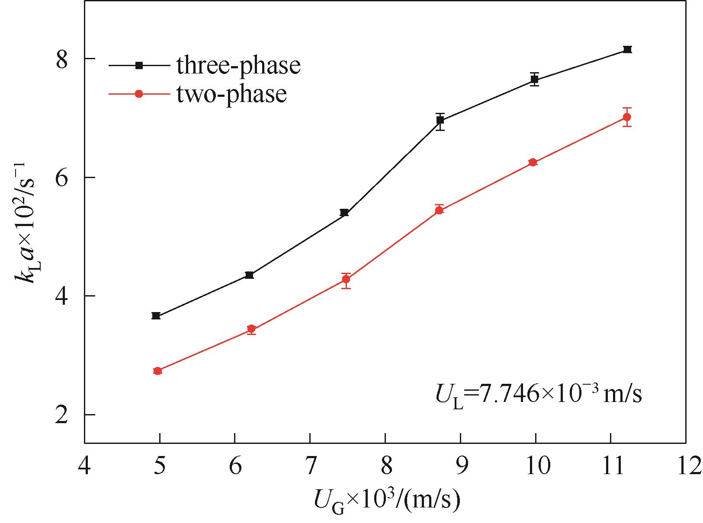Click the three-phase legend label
[238, 66]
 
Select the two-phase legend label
[231, 94]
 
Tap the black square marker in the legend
[139, 65]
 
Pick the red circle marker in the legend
[139, 94]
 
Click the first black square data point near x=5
[156, 316]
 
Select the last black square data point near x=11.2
[628, 49]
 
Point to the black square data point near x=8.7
[440, 120]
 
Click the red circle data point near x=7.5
[346, 279]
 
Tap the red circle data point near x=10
[533, 162]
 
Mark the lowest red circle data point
[157, 371]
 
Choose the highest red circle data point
[627, 117]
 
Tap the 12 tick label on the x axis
[686, 466]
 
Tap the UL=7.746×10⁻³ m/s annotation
[538, 394]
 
